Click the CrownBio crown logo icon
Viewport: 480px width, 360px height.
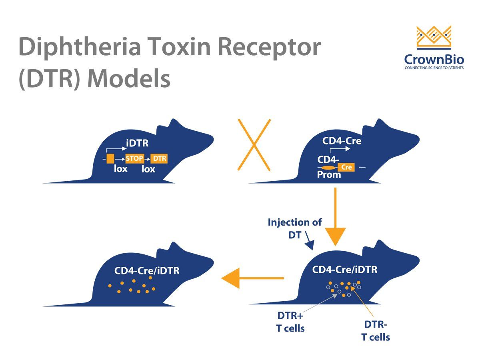point(434,37)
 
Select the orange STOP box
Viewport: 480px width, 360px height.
point(134,159)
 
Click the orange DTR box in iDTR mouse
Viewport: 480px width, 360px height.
point(159,159)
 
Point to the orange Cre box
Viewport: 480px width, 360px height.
point(346,167)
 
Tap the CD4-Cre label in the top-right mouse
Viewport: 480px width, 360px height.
point(342,141)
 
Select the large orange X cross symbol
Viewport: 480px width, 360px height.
point(254,144)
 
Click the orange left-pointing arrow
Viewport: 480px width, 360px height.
point(252,278)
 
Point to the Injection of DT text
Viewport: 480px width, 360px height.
point(295,228)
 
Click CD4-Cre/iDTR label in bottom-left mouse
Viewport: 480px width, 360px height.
point(147,271)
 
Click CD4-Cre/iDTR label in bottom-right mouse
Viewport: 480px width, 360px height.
point(344,270)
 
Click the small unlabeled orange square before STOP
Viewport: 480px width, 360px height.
point(110,159)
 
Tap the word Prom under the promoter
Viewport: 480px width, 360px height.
point(329,175)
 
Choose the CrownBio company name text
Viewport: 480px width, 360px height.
point(434,60)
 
